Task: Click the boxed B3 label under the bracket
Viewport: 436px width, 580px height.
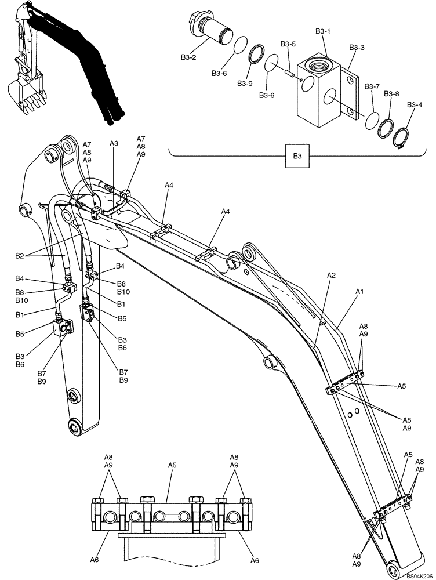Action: point(297,157)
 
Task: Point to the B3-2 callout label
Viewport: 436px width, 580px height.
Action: point(189,57)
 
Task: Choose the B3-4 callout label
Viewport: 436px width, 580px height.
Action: point(415,104)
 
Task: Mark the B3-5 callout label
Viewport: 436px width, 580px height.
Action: point(288,43)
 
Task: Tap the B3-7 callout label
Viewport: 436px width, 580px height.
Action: point(372,86)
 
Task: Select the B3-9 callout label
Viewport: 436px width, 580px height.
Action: point(245,84)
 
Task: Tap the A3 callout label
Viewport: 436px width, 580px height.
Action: point(114,143)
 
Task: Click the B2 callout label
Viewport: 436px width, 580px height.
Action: point(20,255)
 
